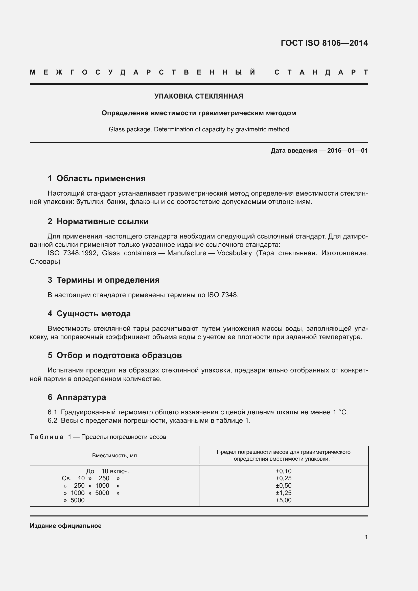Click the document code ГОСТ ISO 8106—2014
324,43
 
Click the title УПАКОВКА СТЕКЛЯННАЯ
199,96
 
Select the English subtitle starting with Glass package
199,129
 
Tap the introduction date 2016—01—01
347,151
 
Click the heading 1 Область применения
97,178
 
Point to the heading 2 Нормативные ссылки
98,221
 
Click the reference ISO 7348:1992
72,253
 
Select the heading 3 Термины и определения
103,280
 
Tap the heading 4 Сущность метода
89,314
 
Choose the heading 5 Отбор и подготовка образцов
114,355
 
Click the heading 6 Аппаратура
77,397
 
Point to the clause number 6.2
52,421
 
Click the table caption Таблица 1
47,437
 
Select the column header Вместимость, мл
114,456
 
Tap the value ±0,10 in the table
283,471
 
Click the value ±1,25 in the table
283,493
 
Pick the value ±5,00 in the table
283,500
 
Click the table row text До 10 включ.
108,471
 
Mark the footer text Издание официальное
66,526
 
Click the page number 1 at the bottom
366,537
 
